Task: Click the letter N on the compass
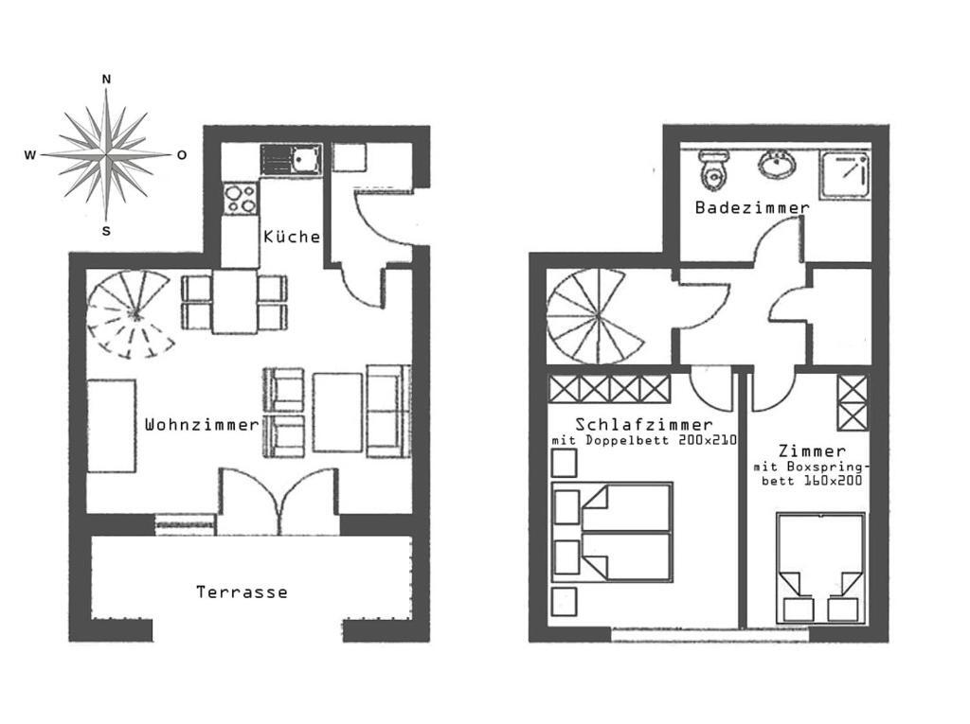coord(106,79)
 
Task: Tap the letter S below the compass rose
coord(106,231)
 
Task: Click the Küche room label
coord(292,237)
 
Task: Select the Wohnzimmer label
coord(202,425)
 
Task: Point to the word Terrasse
coord(242,592)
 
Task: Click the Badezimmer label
coord(752,207)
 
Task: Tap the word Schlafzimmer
coord(644,424)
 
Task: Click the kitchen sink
coord(291,159)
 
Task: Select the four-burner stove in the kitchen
coord(241,199)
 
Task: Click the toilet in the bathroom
coord(713,169)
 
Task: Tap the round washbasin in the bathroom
coord(777,164)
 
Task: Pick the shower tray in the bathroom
coord(845,176)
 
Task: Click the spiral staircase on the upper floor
coord(596,317)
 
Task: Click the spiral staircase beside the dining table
coord(130,314)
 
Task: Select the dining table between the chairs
coord(235,301)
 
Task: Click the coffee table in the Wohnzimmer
coord(337,413)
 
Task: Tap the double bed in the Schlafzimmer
coord(612,532)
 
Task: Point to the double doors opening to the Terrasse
coord(279,501)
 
